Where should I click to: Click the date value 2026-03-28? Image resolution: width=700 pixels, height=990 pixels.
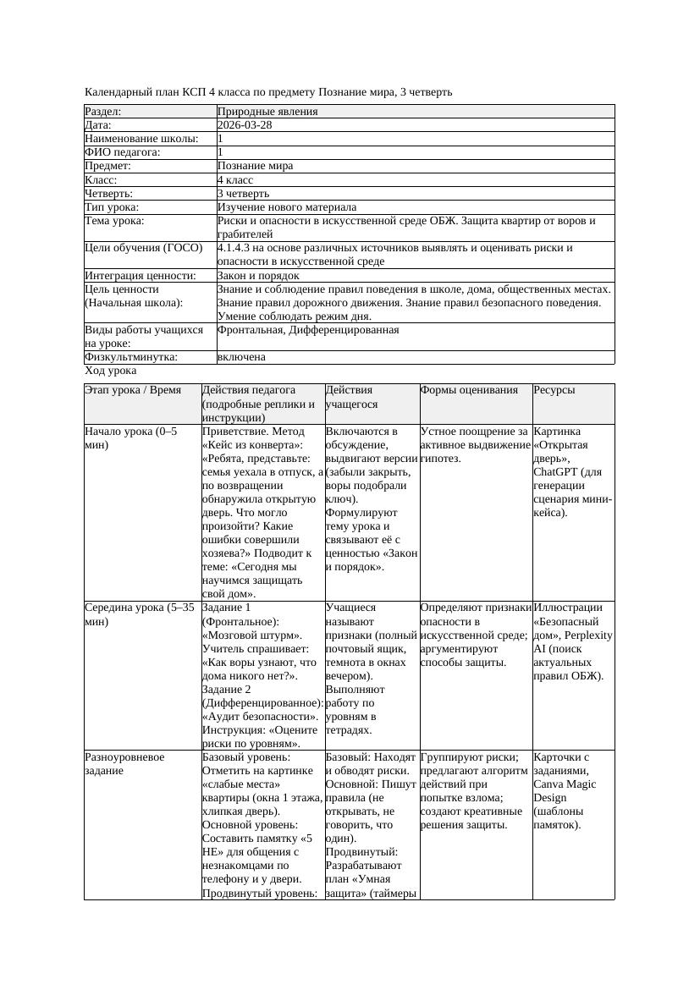coord(245,124)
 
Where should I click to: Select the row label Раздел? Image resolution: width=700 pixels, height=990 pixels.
coord(103,111)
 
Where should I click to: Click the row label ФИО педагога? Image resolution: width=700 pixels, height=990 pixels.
coord(123,152)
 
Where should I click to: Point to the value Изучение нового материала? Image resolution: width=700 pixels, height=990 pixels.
coord(287,206)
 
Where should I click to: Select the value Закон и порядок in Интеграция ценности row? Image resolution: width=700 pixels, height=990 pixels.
coord(258,275)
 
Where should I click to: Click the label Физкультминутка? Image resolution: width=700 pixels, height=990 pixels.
coord(131,357)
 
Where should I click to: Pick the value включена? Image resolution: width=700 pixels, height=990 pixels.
coord(241,357)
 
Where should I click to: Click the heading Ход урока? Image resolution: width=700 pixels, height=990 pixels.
coord(111,371)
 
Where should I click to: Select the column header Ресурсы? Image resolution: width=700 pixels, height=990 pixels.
coord(554,390)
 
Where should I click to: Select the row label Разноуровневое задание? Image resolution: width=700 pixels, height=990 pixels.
coord(124,763)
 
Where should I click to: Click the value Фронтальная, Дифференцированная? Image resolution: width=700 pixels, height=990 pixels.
coord(308,329)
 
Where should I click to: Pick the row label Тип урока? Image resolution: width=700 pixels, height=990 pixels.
coord(112,206)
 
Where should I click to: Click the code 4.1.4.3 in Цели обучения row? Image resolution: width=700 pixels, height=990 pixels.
coord(236,248)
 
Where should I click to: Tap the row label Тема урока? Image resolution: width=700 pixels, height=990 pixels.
coord(114,221)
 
